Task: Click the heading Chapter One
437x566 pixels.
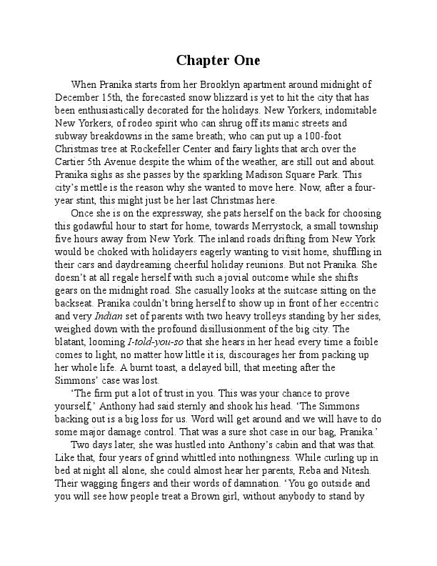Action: pos(218,59)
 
